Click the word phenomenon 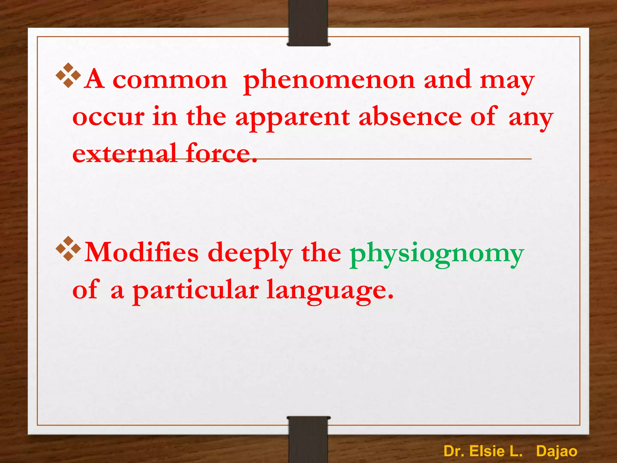[329, 81]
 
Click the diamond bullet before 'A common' [68, 75]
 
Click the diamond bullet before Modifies [68, 249]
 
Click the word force [221, 153]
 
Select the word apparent [292, 118]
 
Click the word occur [108, 118]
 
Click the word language [330, 291]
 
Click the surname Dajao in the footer [556, 451]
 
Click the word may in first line [507, 81]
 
